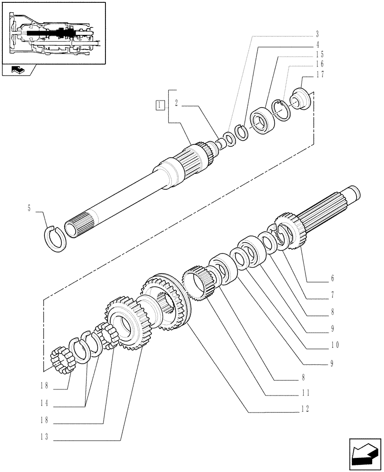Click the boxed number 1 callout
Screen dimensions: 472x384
pyautogui.click(x=161, y=105)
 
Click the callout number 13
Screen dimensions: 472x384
pyautogui.click(x=44, y=438)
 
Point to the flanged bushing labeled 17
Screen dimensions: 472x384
pyautogui.click(x=300, y=100)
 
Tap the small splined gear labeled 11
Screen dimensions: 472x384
pyautogui.click(x=201, y=283)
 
